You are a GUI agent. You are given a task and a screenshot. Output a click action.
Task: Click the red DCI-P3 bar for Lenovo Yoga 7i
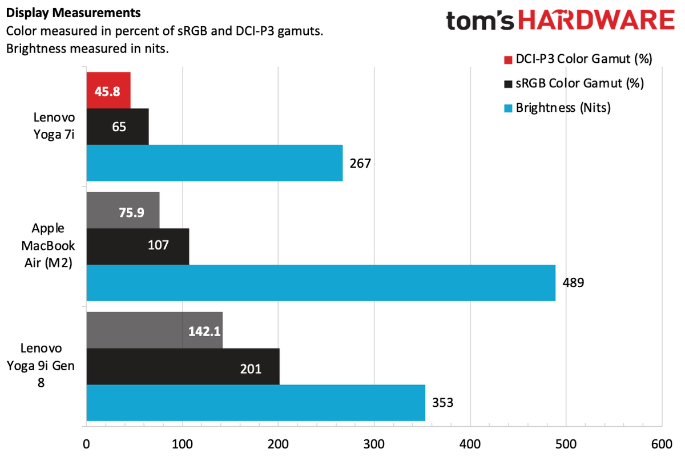coord(108,90)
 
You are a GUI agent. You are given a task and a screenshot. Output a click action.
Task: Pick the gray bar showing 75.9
coord(123,210)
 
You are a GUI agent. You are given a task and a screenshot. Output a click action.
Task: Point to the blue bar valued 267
coord(215,163)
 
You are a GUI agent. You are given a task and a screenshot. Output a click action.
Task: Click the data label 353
coord(442,403)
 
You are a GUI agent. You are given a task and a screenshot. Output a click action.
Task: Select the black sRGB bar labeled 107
coord(138,246)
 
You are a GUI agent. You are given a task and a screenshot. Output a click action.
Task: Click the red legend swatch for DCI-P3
coord(508,59)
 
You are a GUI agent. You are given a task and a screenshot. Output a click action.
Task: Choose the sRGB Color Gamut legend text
coord(579,83)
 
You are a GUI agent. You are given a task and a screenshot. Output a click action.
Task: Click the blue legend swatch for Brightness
coord(508,107)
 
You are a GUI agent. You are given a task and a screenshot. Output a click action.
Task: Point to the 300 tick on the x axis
coord(374,443)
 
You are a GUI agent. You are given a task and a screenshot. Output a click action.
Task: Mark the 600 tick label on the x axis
coord(661,443)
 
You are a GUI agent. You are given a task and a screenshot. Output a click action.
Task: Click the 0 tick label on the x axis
coord(86,443)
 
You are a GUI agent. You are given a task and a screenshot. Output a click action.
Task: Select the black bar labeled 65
coord(118,126)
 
